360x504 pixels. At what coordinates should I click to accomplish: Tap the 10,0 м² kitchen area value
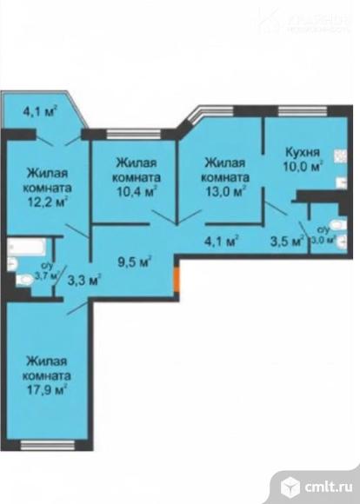pyautogui.click(x=303, y=164)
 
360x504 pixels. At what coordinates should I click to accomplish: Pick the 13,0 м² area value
pyautogui.click(x=224, y=191)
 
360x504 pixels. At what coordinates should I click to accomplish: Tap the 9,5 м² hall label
pyautogui.click(x=135, y=258)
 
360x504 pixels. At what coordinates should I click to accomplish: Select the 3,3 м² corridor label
pyautogui.click(x=84, y=280)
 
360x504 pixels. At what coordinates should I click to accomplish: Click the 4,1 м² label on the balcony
pyautogui.click(x=40, y=110)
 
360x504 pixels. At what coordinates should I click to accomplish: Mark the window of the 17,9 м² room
pyautogui.click(x=47, y=445)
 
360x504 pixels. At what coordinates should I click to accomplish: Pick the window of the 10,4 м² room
pyautogui.click(x=135, y=133)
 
